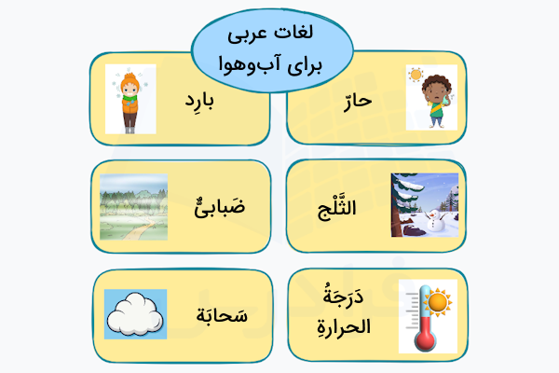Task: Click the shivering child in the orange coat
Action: pos(130,99)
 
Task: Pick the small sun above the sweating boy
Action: pos(416,75)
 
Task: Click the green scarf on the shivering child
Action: pos(130,93)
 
